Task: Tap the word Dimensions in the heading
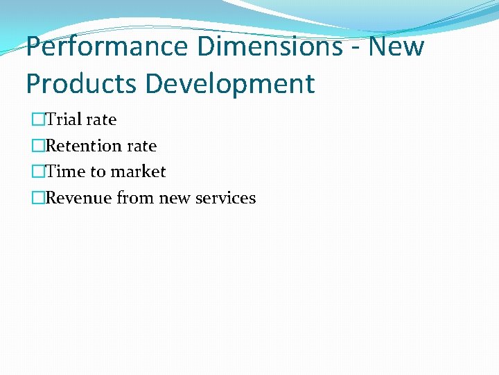pyautogui.click(x=277, y=47)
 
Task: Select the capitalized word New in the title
pyautogui.click(x=397, y=47)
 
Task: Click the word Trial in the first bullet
pyautogui.click(x=63, y=119)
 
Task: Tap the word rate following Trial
pyautogui.click(x=101, y=119)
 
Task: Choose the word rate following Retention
pyautogui.click(x=141, y=146)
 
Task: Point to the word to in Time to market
pyautogui.click(x=98, y=172)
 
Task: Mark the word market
pyautogui.click(x=138, y=172)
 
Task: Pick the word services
pyautogui.click(x=226, y=198)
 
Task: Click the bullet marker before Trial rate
pyautogui.click(x=37, y=119)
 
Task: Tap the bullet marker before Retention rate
pyautogui.click(x=37, y=146)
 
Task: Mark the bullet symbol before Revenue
pyautogui.click(x=37, y=198)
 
